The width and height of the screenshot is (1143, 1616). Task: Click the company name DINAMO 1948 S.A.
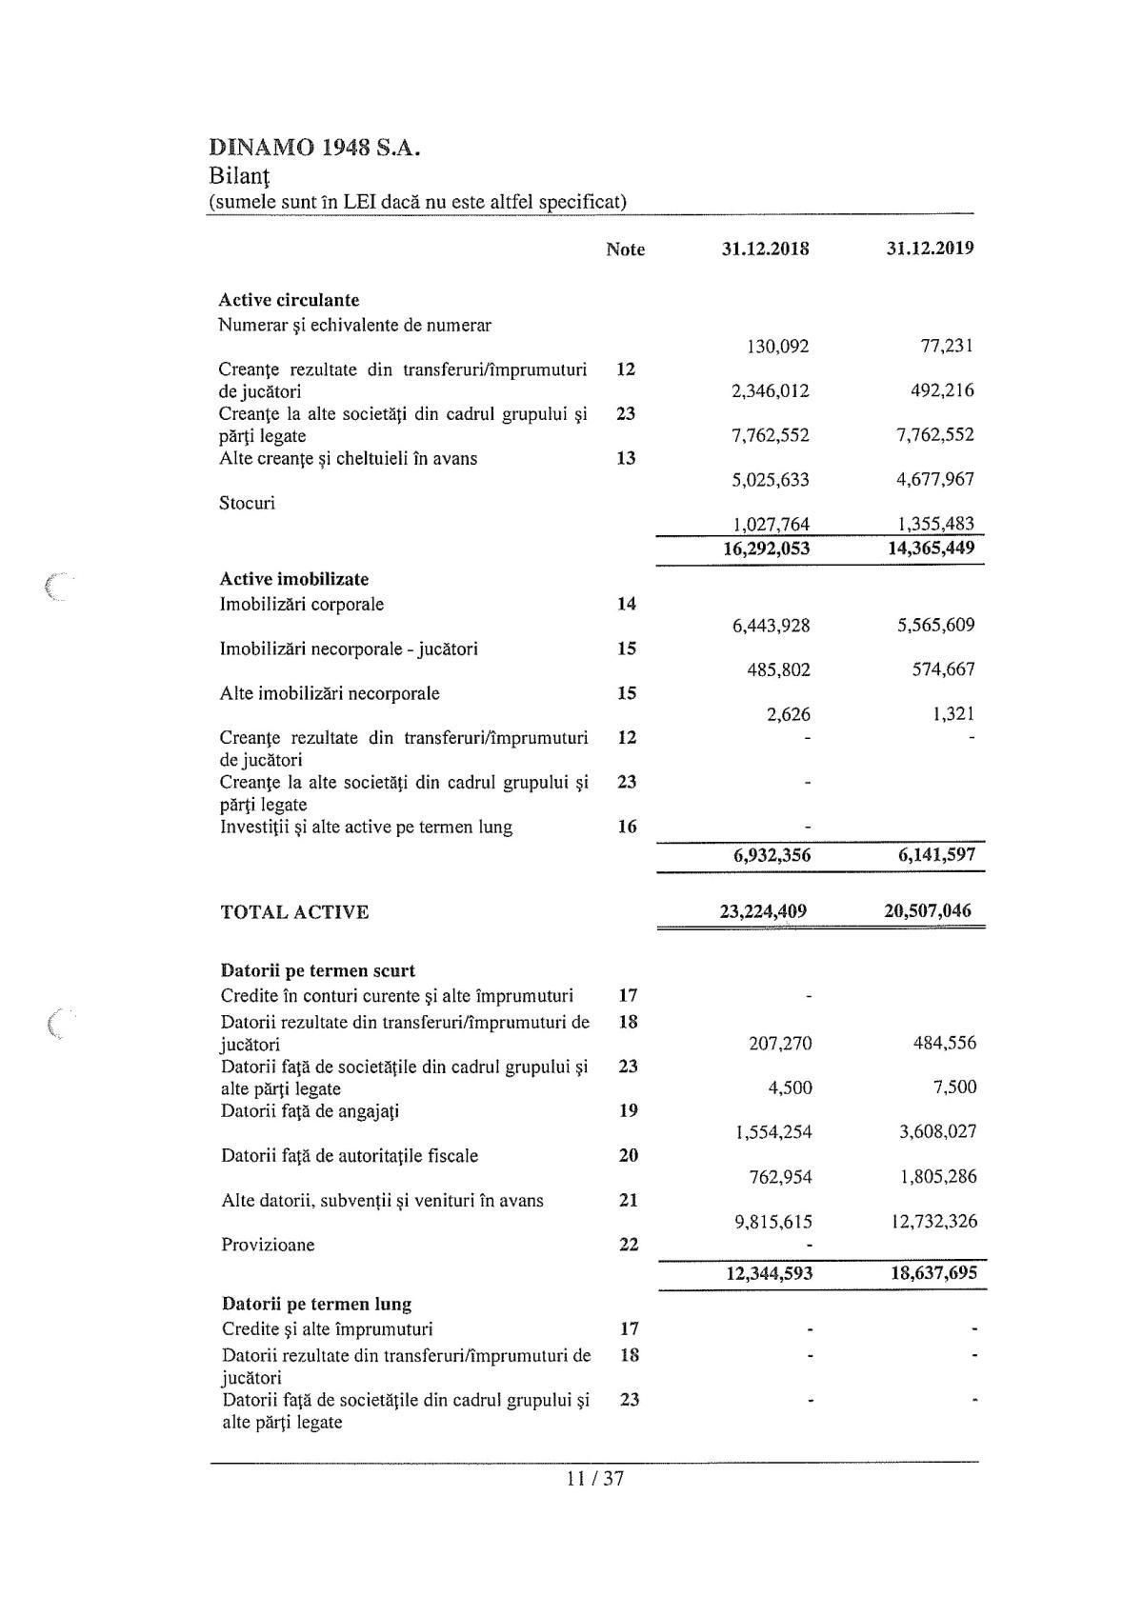pyautogui.click(x=314, y=148)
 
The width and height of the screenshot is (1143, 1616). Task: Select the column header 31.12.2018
pyautogui.click(x=766, y=249)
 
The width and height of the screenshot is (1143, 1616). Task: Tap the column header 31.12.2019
pyautogui.click(x=930, y=249)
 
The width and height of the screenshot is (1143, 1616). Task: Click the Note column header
pyautogui.click(x=625, y=249)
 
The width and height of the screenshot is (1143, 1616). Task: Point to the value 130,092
pyautogui.click(x=777, y=347)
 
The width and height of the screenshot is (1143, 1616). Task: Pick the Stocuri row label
pyautogui.click(x=247, y=503)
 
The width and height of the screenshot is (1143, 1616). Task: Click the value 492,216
pyautogui.click(x=942, y=390)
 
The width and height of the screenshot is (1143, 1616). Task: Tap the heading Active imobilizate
pyautogui.click(x=293, y=579)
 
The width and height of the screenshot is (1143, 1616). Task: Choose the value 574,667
pyautogui.click(x=943, y=669)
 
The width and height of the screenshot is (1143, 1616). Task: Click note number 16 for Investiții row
pyautogui.click(x=627, y=827)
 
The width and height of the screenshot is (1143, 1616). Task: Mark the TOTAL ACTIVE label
pyautogui.click(x=294, y=912)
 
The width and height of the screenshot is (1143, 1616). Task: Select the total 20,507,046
pyautogui.click(x=928, y=910)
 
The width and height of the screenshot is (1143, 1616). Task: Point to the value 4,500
pyautogui.click(x=790, y=1087)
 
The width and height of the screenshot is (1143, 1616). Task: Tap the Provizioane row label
pyautogui.click(x=268, y=1245)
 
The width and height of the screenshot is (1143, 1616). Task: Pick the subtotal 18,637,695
pyautogui.click(x=933, y=1272)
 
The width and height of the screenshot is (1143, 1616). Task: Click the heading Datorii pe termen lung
pyautogui.click(x=316, y=1304)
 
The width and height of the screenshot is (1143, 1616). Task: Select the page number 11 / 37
pyautogui.click(x=594, y=1479)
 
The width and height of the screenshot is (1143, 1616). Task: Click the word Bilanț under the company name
pyautogui.click(x=239, y=176)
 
